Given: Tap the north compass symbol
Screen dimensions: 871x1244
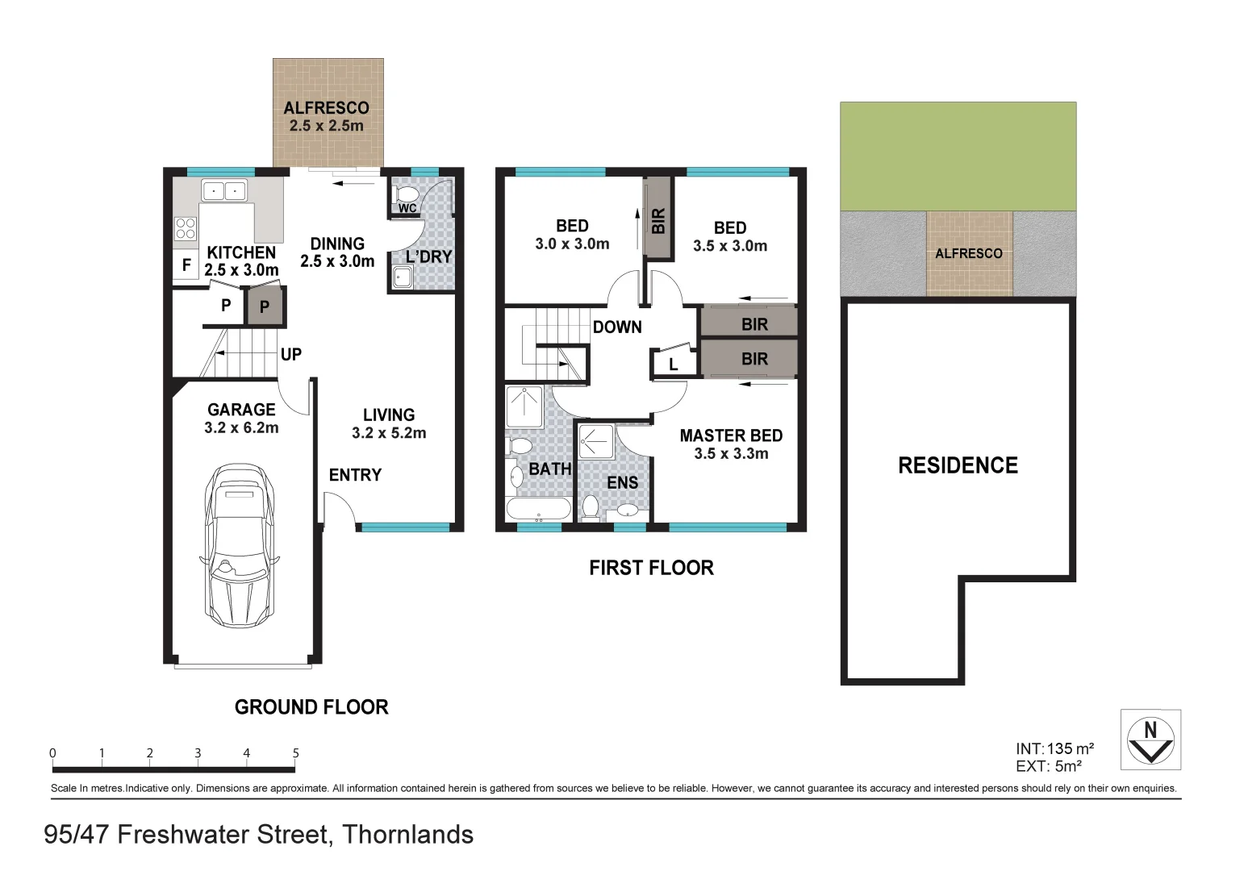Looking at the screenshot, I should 1150,740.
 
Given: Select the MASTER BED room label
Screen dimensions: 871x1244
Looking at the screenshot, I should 731,435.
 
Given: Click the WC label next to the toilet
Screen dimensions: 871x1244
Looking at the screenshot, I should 407,208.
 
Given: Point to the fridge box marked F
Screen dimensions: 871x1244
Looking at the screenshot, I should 186,265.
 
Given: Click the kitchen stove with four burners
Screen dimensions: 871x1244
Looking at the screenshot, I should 186,229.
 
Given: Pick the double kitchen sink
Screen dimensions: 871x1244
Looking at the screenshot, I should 223,191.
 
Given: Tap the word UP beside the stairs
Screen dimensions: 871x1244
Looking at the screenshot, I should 291,354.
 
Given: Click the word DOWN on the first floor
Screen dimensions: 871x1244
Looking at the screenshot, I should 617,327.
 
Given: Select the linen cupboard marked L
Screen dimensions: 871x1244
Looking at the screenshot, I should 674,365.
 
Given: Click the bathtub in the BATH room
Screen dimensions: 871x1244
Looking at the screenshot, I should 538,509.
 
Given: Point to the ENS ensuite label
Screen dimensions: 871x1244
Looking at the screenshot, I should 622,482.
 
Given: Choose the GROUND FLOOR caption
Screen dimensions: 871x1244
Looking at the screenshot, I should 311,707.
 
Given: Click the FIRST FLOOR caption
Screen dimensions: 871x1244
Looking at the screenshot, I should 651,568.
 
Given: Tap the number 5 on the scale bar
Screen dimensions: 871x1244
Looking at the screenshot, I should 295,753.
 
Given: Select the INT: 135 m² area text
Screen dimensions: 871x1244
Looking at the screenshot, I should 1054,748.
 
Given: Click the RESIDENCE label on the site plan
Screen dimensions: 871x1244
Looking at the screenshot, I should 958,465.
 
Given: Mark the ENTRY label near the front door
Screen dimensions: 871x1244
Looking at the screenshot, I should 355,475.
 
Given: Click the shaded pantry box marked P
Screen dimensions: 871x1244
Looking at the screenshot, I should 265,306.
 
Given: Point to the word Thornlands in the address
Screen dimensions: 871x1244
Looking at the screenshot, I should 407,834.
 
